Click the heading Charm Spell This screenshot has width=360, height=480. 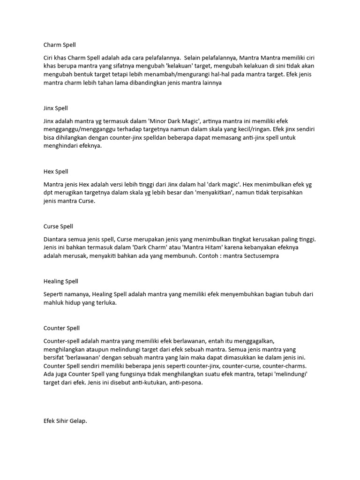tap(60, 45)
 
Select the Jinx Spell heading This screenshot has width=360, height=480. tap(56, 108)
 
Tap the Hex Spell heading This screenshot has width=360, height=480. tap(56, 172)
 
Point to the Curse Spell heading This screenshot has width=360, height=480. tap(58, 226)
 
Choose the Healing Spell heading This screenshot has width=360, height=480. tap(60, 281)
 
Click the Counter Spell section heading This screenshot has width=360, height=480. tap(61, 328)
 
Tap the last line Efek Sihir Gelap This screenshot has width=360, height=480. tap(65, 421)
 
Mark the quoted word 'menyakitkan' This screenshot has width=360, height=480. tap(214, 193)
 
